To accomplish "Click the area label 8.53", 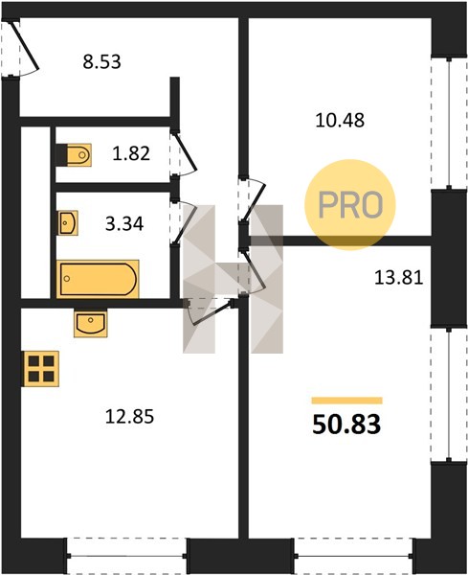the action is pos(101,62).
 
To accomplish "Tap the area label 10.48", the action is pos(340,121).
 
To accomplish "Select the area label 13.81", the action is pos(398,278).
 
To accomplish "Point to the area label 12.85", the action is pos(129,417).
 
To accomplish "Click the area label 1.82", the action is pos(131,153).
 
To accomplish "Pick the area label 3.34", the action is pos(124,224).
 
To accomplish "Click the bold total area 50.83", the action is pos(346,425).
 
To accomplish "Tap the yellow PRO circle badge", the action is pos(350,205).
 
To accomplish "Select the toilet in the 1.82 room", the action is pos(75,154).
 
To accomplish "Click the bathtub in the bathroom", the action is pos(98,279).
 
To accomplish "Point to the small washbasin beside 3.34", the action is pos(68,223).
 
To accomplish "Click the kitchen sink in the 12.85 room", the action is pos(91,323).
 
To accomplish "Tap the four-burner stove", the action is pos(41,369).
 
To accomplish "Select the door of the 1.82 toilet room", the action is pos(185,154).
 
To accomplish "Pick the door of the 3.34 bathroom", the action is pos(183,221).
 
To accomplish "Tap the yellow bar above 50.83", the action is pos(346,401).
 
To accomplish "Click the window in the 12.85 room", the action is pos(126,556).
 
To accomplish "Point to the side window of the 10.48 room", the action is pos(449,124).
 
